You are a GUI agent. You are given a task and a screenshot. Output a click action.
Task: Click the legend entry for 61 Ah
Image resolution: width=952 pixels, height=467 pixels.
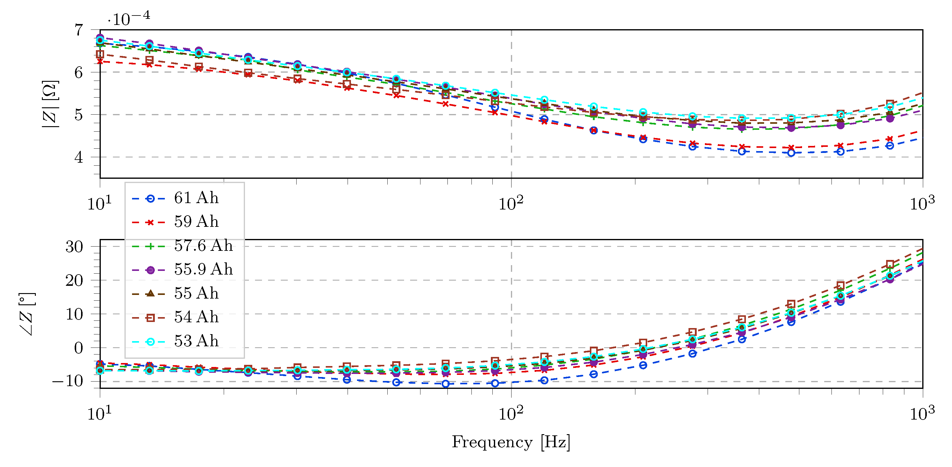point(196,198)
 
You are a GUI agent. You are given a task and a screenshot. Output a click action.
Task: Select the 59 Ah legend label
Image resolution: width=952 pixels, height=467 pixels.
point(196,222)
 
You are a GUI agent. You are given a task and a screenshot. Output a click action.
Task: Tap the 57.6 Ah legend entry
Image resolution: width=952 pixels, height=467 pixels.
point(203,246)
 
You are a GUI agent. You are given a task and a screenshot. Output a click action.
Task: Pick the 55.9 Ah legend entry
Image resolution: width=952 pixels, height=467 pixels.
point(203,270)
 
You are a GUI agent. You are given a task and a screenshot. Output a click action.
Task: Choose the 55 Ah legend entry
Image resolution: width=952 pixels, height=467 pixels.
point(196,293)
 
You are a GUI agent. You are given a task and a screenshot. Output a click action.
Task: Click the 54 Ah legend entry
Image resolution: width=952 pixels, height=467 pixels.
point(196,317)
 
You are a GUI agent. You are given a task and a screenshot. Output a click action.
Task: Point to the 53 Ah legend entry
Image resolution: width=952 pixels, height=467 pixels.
point(196,341)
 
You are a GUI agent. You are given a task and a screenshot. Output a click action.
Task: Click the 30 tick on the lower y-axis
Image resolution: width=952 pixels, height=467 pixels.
point(74,247)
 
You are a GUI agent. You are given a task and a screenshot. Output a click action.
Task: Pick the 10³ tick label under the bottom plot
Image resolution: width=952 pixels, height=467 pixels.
point(922,413)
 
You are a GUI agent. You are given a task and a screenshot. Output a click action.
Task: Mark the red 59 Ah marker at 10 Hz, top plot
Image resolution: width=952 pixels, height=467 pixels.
point(100,61)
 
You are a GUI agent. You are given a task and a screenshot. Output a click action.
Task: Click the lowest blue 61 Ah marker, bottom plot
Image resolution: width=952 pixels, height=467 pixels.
point(446,384)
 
